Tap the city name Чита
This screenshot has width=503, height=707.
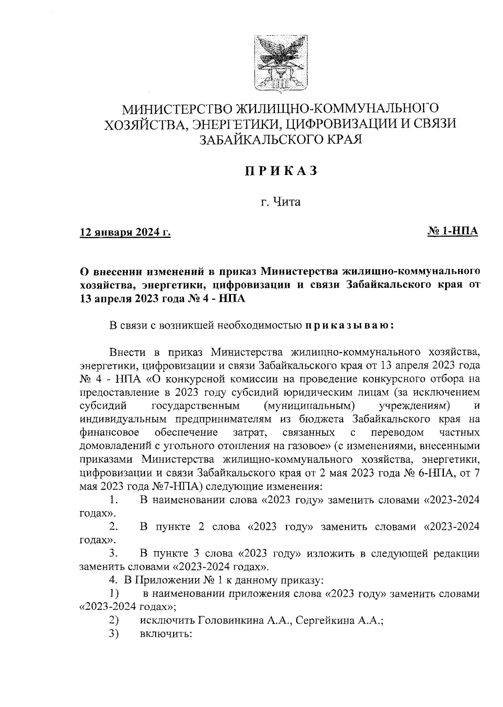coord(287,202)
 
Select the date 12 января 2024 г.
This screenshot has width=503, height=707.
coord(126,232)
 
